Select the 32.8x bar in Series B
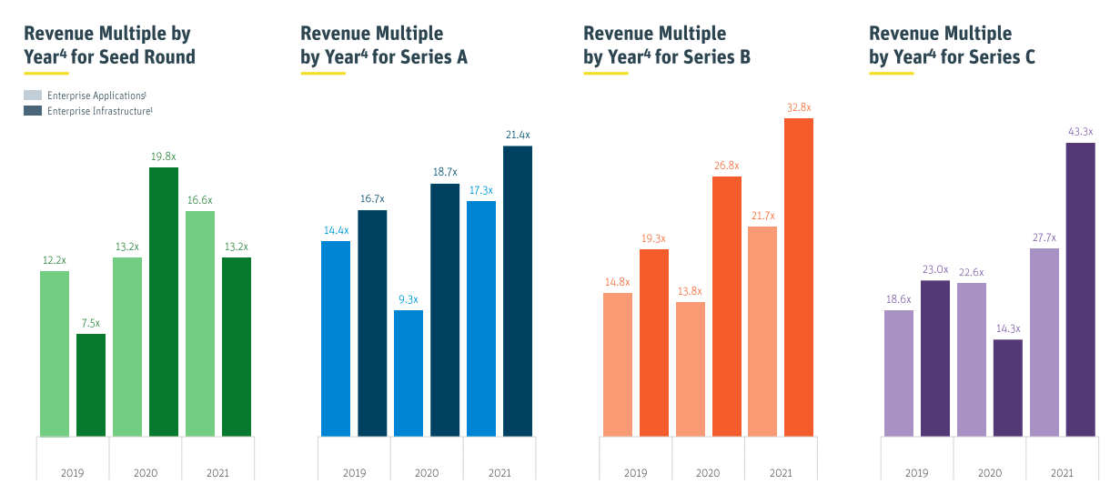point(798,277)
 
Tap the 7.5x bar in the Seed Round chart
point(90,385)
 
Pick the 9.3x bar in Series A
point(409,373)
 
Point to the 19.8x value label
point(164,156)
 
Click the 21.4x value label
point(518,136)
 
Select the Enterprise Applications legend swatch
point(33,96)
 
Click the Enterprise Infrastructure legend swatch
point(33,111)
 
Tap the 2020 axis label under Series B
point(708,473)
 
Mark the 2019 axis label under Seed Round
point(72,473)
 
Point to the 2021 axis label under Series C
point(1062,473)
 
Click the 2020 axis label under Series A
point(427,473)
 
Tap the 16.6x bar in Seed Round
point(200,324)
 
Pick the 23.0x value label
point(935,269)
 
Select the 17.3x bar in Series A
point(481,318)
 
